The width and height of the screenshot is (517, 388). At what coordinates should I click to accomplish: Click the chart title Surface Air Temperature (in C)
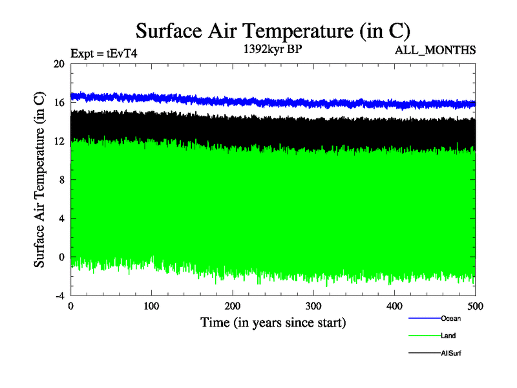(x=272, y=31)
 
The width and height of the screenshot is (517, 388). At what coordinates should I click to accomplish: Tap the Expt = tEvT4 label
(x=103, y=54)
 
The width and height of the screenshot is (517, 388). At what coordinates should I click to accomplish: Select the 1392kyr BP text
(x=272, y=50)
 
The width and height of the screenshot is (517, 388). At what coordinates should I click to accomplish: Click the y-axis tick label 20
(x=59, y=64)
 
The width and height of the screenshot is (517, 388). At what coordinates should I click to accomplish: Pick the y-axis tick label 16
(x=59, y=103)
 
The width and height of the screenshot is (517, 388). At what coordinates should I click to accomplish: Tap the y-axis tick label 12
(x=59, y=141)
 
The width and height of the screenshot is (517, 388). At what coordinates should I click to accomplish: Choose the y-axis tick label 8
(x=61, y=180)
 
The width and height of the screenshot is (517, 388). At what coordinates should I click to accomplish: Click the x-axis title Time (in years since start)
(x=273, y=322)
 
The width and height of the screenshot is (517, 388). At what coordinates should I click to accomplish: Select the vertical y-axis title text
(x=39, y=180)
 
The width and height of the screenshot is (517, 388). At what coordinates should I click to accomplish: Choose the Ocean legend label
(x=450, y=318)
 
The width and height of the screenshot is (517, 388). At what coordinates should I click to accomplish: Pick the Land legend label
(x=448, y=336)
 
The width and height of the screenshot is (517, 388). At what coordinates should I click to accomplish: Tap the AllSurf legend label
(x=450, y=353)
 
